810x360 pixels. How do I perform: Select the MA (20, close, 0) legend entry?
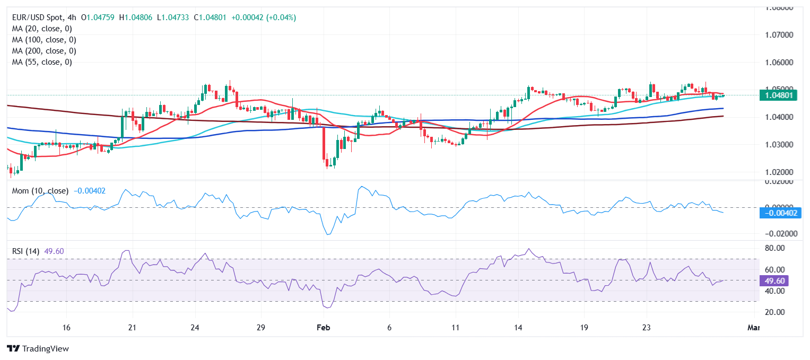coord(42,29)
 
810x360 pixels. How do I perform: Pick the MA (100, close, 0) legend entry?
coord(44,40)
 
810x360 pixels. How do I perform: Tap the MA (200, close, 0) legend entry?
coord(44,51)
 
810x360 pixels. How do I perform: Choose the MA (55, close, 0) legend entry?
coord(42,62)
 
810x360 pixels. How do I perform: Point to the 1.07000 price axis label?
coord(778,35)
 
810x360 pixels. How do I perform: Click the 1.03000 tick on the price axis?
coord(778,145)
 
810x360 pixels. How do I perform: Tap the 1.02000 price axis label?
coord(778,172)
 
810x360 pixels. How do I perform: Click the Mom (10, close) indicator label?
coord(40,191)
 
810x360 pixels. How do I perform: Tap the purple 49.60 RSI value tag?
coord(776,281)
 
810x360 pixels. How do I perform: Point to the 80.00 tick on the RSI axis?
coord(776,248)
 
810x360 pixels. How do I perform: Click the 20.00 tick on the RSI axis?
coord(776,312)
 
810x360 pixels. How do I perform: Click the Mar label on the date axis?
coord(753,328)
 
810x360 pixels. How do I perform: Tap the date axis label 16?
coord(67,328)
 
